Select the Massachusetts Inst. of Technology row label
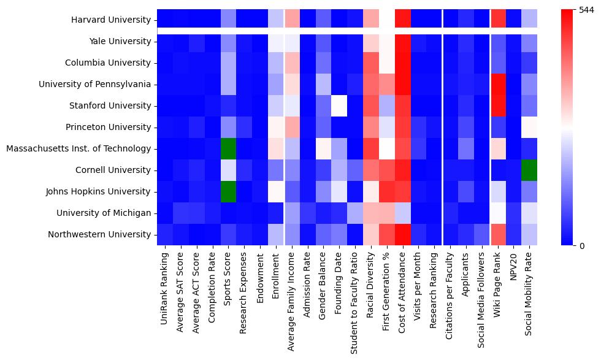77,148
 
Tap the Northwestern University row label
102,234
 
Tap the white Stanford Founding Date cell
340,105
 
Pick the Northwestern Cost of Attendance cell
403,234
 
